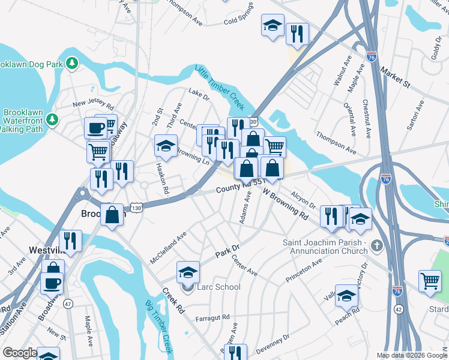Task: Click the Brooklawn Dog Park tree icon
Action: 72,62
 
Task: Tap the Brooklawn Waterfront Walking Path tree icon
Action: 53,119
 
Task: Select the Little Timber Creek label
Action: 220,88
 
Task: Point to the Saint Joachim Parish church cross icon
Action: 376,245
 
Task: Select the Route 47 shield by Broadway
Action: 68,304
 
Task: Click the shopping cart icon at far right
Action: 430,281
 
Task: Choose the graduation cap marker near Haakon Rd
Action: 166,145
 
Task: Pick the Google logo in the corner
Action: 20,353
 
